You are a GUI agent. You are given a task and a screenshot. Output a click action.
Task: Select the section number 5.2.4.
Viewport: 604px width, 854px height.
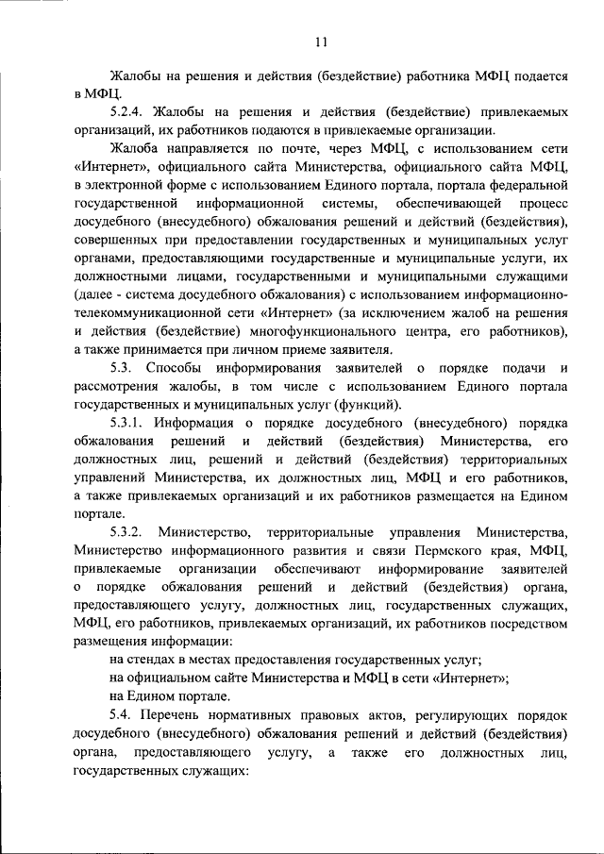pos(128,112)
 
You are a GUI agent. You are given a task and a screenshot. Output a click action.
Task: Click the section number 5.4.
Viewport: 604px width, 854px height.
pos(123,716)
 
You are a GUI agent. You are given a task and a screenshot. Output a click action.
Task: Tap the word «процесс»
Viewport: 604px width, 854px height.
pos(544,204)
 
